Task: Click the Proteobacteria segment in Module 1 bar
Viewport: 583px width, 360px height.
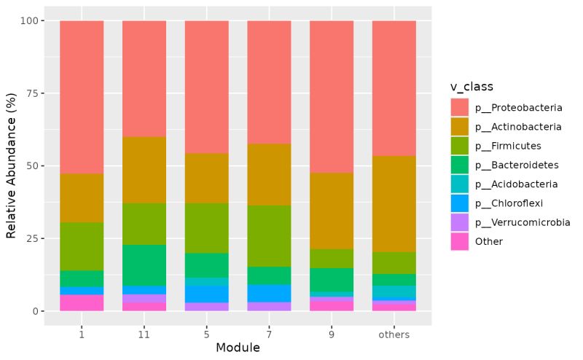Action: (x=82, y=96)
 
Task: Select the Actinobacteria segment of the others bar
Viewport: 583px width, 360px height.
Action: (x=394, y=203)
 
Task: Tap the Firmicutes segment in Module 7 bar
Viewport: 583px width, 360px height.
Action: (x=269, y=235)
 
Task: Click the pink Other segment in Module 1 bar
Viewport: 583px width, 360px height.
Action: (x=82, y=302)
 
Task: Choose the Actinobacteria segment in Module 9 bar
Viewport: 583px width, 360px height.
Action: (x=332, y=211)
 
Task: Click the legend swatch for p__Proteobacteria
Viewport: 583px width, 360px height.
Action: (x=460, y=108)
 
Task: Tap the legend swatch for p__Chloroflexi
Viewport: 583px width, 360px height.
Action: (x=460, y=203)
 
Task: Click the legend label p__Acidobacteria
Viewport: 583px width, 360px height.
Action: (x=516, y=184)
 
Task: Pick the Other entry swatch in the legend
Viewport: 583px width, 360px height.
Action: (x=460, y=241)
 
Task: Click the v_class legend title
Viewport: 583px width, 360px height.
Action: (x=472, y=87)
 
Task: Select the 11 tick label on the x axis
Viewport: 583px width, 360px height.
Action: (x=144, y=334)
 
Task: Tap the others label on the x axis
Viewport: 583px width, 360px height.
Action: (x=394, y=334)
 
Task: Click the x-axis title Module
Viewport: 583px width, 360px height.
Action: (x=238, y=348)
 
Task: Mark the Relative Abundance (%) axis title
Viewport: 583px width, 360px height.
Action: (x=11, y=166)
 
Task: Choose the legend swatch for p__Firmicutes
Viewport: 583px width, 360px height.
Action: (x=460, y=146)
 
